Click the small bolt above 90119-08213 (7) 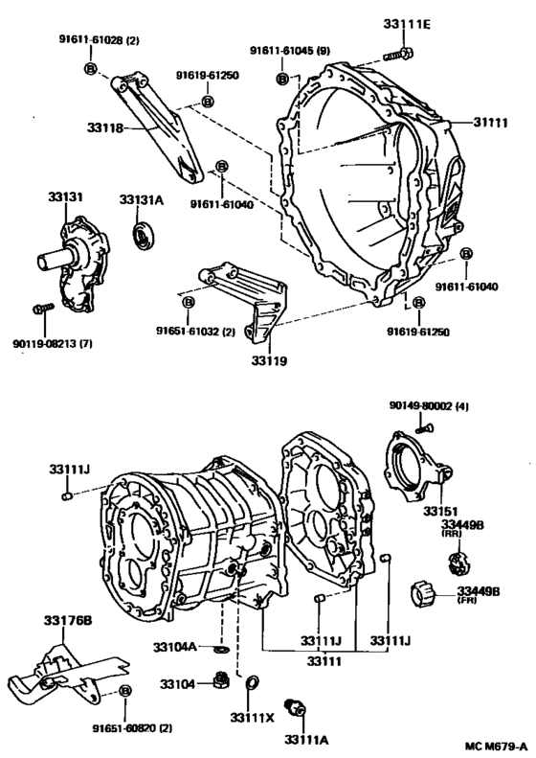[39, 309]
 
